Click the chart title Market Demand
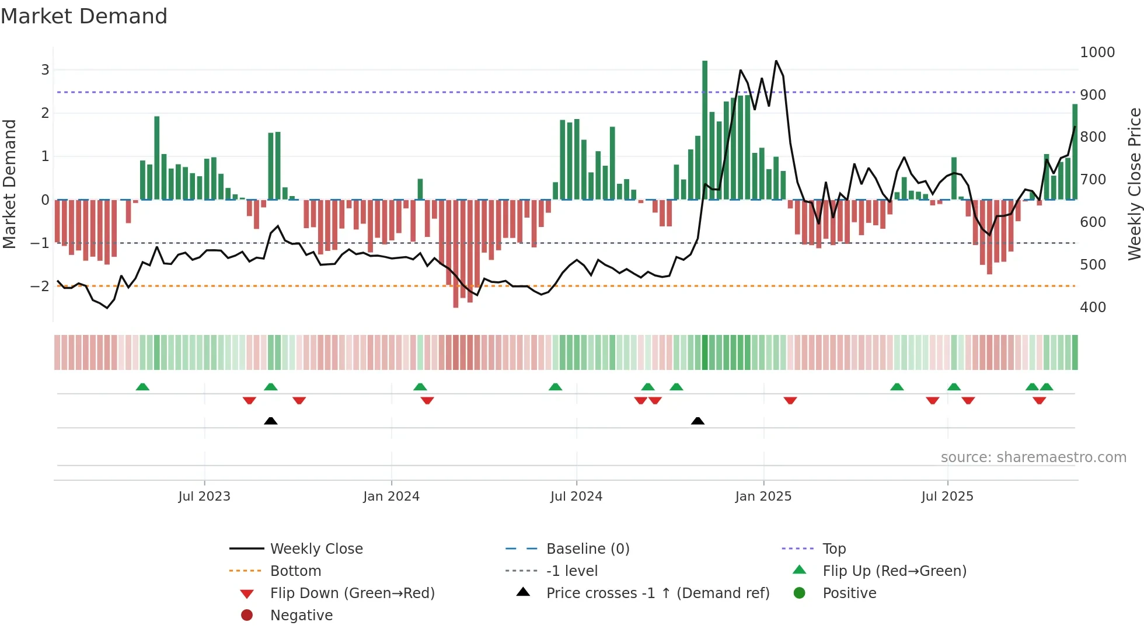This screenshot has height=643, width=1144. [x=84, y=16]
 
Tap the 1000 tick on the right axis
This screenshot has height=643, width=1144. [x=1097, y=53]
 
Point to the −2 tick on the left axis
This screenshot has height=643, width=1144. [x=40, y=286]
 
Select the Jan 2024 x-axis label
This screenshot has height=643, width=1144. [x=391, y=497]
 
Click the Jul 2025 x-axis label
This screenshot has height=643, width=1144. [x=947, y=497]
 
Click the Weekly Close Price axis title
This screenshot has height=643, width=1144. [x=1134, y=184]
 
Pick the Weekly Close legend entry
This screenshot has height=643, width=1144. [x=316, y=548]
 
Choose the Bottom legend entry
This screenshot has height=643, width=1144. [x=295, y=571]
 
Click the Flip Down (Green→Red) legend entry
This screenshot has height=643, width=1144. [x=352, y=593]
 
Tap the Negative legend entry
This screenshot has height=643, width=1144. [x=301, y=615]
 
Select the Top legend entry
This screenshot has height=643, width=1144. [x=833, y=548]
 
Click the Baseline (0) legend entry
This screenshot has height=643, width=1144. [x=587, y=548]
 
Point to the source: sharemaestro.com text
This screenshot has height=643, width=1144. [x=1033, y=457]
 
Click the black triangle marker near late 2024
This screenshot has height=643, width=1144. [x=697, y=421]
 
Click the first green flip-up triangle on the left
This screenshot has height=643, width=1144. [x=142, y=387]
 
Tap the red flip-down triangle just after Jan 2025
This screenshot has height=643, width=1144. [x=790, y=400]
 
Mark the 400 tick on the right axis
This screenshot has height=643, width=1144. [x=1093, y=307]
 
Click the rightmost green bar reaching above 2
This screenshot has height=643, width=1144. [x=1075, y=152]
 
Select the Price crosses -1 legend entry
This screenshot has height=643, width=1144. [x=657, y=593]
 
